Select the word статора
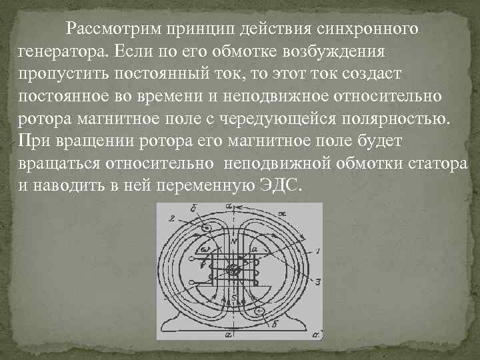click(x=431, y=162)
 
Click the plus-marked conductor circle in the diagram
click(x=261, y=311)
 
